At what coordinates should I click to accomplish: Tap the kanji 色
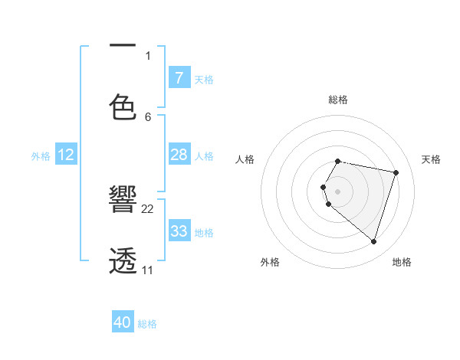[x=123, y=107]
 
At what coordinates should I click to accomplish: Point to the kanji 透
[x=123, y=260]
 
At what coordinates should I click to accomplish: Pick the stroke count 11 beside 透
[x=148, y=270]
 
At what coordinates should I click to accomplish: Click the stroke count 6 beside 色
[x=148, y=116]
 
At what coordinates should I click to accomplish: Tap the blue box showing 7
[x=179, y=77]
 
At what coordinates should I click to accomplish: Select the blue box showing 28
[x=179, y=155]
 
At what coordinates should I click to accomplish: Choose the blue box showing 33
[x=179, y=231]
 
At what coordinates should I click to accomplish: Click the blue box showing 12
[x=66, y=155]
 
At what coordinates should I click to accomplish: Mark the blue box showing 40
[x=123, y=322]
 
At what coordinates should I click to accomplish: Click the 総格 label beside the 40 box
[x=147, y=324]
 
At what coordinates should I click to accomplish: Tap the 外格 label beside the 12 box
[x=41, y=156]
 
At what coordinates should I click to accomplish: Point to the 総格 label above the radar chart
[x=338, y=100]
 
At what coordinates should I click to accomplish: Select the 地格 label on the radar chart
[x=402, y=262]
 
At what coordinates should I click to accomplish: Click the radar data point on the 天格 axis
[x=396, y=172]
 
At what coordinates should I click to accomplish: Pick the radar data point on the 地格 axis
[x=373, y=241]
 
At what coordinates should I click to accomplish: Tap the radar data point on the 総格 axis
[x=338, y=162]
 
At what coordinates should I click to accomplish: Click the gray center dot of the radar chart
[x=338, y=191]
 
